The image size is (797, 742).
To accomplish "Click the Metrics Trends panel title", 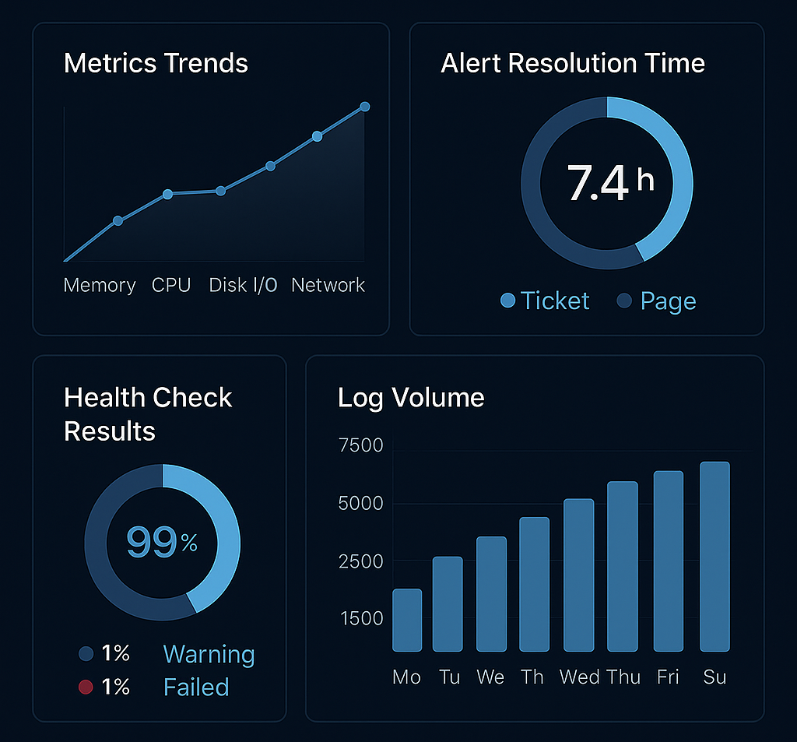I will pyautogui.click(x=156, y=63).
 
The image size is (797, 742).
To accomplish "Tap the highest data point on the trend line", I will pyautogui.click(x=364, y=107).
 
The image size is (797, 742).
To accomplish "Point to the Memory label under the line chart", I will pyautogui.click(x=100, y=286).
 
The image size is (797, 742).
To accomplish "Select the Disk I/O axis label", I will pyautogui.click(x=243, y=286).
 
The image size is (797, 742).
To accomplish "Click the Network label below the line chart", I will pyautogui.click(x=328, y=286).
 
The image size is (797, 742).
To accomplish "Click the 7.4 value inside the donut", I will pyautogui.click(x=598, y=183).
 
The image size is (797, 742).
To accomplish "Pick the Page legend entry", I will pyautogui.click(x=657, y=301).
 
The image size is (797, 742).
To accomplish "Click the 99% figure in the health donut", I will pyautogui.click(x=162, y=542).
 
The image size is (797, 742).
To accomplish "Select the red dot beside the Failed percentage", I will pyautogui.click(x=86, y=687).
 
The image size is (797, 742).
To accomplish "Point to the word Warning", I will pyautogui.click(x=209, y=655).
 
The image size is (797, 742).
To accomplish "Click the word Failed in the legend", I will pyautogui.click(x=196, y=687).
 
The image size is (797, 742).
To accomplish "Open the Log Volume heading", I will pyautogui.click(x=411, y=398).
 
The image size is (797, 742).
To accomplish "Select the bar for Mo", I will pyautogui.click(x=407, y=620).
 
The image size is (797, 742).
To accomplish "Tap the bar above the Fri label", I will pyautogui.click(x=669, y=561).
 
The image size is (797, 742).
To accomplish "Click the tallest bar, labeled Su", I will pyautogui.click(x=714, y=556).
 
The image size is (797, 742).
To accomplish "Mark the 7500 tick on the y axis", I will pyautogui.click(x=361, y=446).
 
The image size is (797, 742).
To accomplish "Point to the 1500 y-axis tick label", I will pyautogui.click(x=361, y=619).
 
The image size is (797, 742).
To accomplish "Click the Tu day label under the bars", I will pyautogui.click(x=449, y=677).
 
